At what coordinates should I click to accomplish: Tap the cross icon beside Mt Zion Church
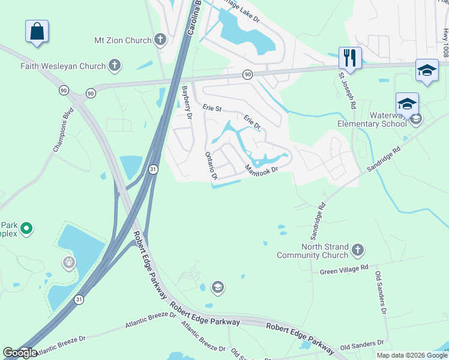click(160, 40)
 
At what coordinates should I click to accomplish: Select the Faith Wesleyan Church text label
click(63, 65)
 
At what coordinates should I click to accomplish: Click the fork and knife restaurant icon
click(350, 58)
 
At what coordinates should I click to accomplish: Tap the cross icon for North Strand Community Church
click(357, 249)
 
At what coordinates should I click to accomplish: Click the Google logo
click(20, 352)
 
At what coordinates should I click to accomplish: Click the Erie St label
click(212, 109)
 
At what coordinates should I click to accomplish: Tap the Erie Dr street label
click(252, 122)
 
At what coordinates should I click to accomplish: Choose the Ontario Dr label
click(211, 165)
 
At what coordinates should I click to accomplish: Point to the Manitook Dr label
click(262, 170)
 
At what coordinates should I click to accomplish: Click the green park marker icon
click(26, 228)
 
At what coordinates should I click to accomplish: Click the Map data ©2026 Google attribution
click(411, 355)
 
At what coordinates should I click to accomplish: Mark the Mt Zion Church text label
click(123, 40)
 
